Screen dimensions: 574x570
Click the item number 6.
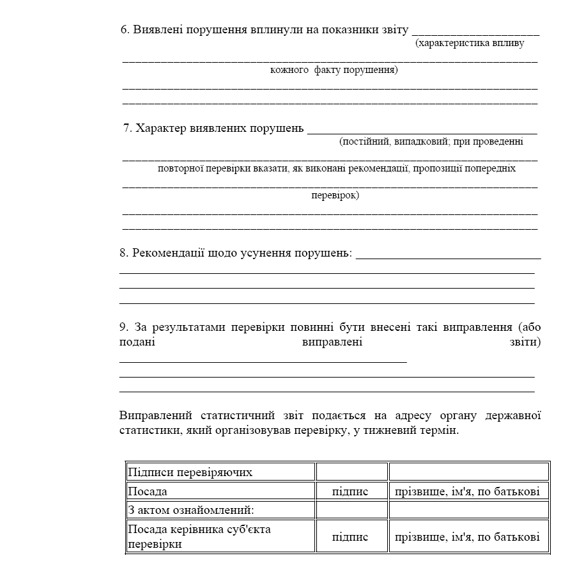click(125, 31)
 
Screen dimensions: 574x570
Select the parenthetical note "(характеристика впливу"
click(470, 44)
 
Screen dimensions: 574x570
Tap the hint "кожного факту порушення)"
click(334, 70)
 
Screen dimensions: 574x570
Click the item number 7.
click(127, 128)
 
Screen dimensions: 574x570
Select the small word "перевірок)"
click(335, 195)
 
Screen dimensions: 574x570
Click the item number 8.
click(124, 253)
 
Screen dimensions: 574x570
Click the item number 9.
click(124, 328)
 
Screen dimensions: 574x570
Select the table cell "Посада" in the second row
click(148, 491)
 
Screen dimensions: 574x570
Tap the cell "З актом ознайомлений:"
click(190, 510)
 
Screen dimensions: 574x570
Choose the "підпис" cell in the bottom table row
click(350, 537)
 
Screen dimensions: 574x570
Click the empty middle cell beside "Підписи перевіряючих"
click(351, 472)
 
